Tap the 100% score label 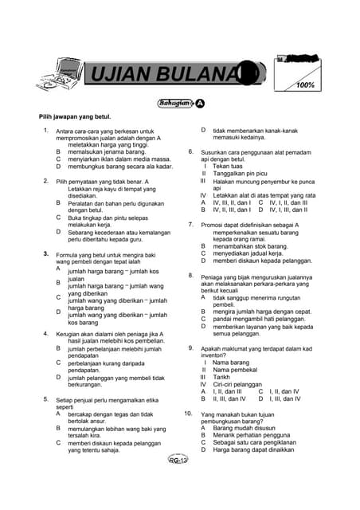pos(303,85)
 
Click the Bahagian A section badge pos(180,103)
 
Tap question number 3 pos(46,253)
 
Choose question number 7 pos(190,225)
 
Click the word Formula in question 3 pos(68,253)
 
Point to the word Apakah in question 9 pos(212,348)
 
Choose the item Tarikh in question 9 pos(223,377)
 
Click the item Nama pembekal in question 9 pos(234,370)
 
